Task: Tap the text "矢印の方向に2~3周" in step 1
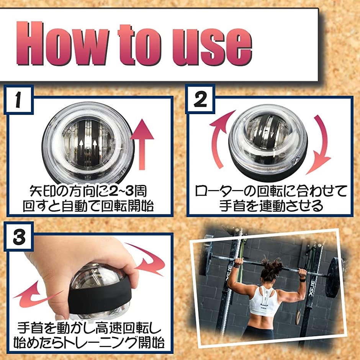[x=88, y=190]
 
